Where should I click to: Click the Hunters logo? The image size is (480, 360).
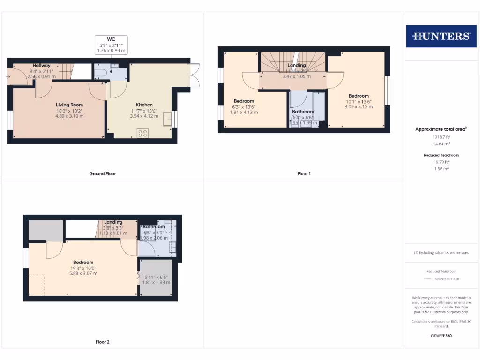[x=441, y=36]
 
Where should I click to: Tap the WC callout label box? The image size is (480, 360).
[x=111, y=45]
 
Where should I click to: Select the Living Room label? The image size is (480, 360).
[x=69, y=105]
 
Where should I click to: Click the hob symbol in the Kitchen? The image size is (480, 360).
[x=143, y=133]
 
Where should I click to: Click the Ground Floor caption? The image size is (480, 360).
[x=103, y=173]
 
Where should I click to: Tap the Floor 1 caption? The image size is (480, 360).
[x=304, y=173]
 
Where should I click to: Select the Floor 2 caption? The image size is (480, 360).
[x=103, y=342]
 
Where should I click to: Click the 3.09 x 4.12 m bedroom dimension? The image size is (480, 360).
[x=359, y=107]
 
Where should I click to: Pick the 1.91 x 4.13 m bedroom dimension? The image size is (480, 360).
[x=244, y=112]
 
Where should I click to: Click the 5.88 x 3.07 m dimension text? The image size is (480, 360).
[x=83, y=273]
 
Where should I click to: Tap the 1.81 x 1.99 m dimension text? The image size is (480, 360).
[x=157, y=282]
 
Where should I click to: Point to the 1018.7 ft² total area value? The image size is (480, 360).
[x=442, y=137]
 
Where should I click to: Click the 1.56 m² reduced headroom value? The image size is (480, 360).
[x=442, y=168]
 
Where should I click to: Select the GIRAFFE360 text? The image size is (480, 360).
[x=442, y=336]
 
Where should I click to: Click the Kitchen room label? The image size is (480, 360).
[x=144, y=105]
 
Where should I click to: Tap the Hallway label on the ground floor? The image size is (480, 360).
[x=42, y=65]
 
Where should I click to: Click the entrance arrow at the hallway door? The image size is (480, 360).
[x=9, y=75]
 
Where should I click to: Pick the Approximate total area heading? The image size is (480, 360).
[x=441, y=129]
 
